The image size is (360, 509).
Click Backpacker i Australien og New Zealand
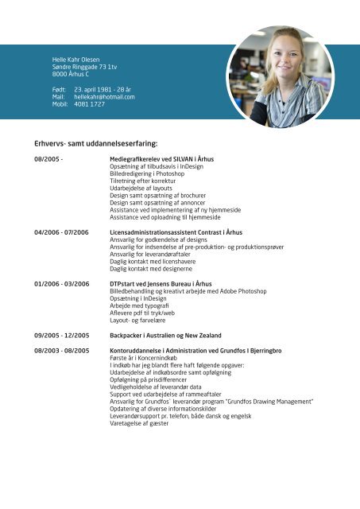[165, 336]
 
